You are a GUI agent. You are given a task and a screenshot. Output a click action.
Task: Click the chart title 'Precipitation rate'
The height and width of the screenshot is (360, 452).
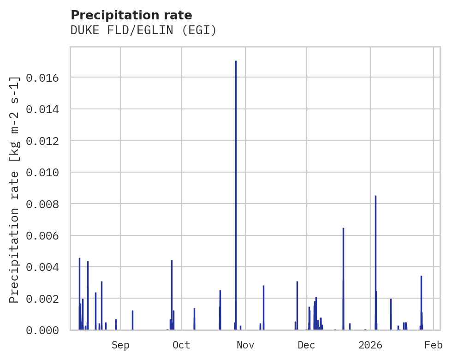(x=131, y=15)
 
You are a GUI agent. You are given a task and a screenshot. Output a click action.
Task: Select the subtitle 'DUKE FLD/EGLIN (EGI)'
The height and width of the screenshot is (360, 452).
(x=143, y=30)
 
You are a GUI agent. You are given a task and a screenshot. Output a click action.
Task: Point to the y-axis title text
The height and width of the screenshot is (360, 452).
(x=15, y=189)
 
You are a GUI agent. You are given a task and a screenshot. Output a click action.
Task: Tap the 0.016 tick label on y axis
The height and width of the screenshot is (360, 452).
(x=42, y=78)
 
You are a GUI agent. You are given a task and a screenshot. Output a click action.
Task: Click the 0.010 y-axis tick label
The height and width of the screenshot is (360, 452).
(x=42, y=173)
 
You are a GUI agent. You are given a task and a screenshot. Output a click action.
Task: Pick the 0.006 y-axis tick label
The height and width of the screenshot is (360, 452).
(x=42, y=236)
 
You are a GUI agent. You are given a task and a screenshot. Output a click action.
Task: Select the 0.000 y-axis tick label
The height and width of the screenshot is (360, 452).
(x=42, y=330)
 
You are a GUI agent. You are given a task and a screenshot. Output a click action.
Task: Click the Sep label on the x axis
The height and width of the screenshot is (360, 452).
(x=120, y=345)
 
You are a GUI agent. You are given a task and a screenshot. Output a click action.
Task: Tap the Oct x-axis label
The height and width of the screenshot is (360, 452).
(x=182, y=345)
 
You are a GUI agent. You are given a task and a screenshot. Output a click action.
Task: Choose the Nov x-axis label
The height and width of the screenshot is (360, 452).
(x=245, y=345)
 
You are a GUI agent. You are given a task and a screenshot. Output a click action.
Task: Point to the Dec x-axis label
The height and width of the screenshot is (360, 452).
(x=307, y=345)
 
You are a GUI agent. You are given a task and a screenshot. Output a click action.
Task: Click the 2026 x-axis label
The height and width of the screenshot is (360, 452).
(x=370, y=345)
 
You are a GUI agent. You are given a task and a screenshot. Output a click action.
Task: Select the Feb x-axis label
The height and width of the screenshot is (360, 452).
(x=434, y=345)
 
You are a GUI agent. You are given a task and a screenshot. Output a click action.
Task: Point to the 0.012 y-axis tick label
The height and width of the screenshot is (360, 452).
(x=42, y=141)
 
